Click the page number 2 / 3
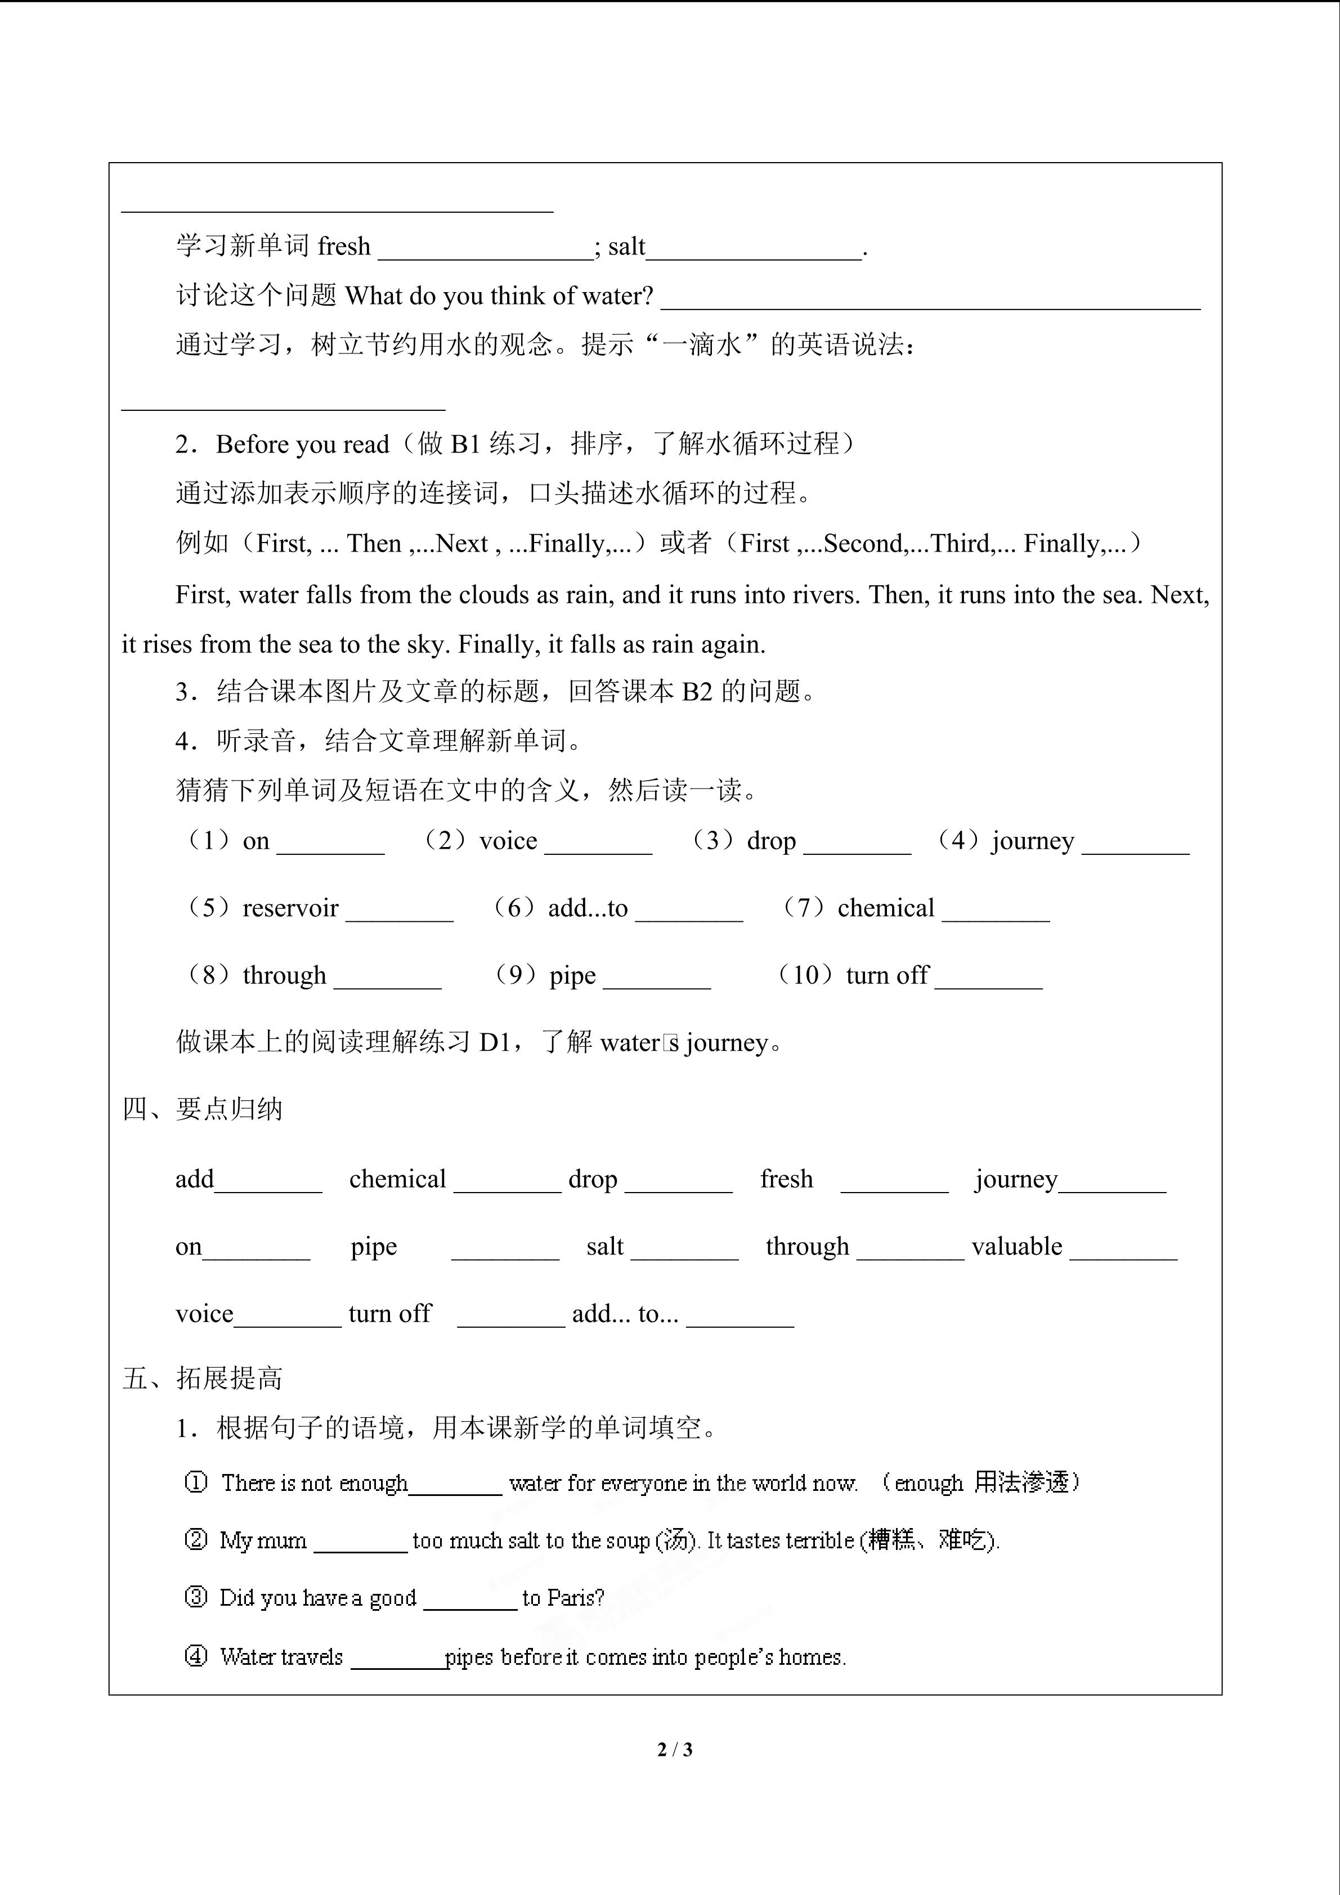click(674, 1749)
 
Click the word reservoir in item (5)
click(290, 908)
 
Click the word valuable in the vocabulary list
click(1016, 1246)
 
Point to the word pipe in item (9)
click(572, 975)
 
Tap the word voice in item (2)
click(508, 840)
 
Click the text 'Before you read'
click(302, 444)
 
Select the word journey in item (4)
click(1033, 840)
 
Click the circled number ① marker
click(195, 1482)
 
